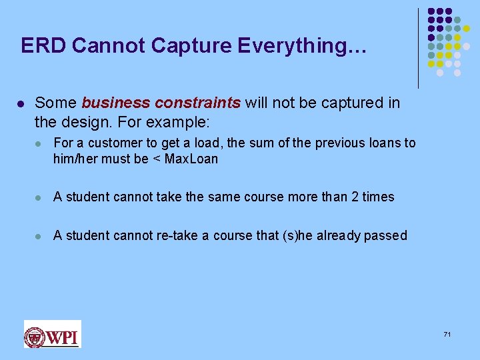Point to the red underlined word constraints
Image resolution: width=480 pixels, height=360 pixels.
[x=197, y=103]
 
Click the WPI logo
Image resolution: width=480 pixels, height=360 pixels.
[x=52, y=335]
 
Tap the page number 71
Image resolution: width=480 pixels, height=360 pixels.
[x=447, y=333]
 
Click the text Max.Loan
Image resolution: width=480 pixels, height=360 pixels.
[x=191, y=159]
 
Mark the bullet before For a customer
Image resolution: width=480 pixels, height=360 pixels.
[x=41, y=143]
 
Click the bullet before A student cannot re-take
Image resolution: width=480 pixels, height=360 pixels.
[x=41, y=235]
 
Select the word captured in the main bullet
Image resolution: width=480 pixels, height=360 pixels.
[x=347, y=103]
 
